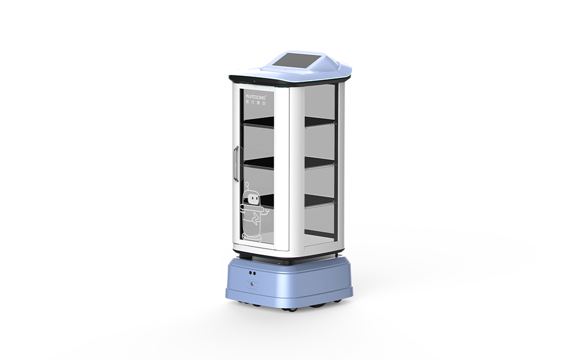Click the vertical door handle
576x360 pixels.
click(235, 164)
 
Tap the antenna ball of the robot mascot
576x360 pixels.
click(247, 185)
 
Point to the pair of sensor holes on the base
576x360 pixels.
click(253, 270)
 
